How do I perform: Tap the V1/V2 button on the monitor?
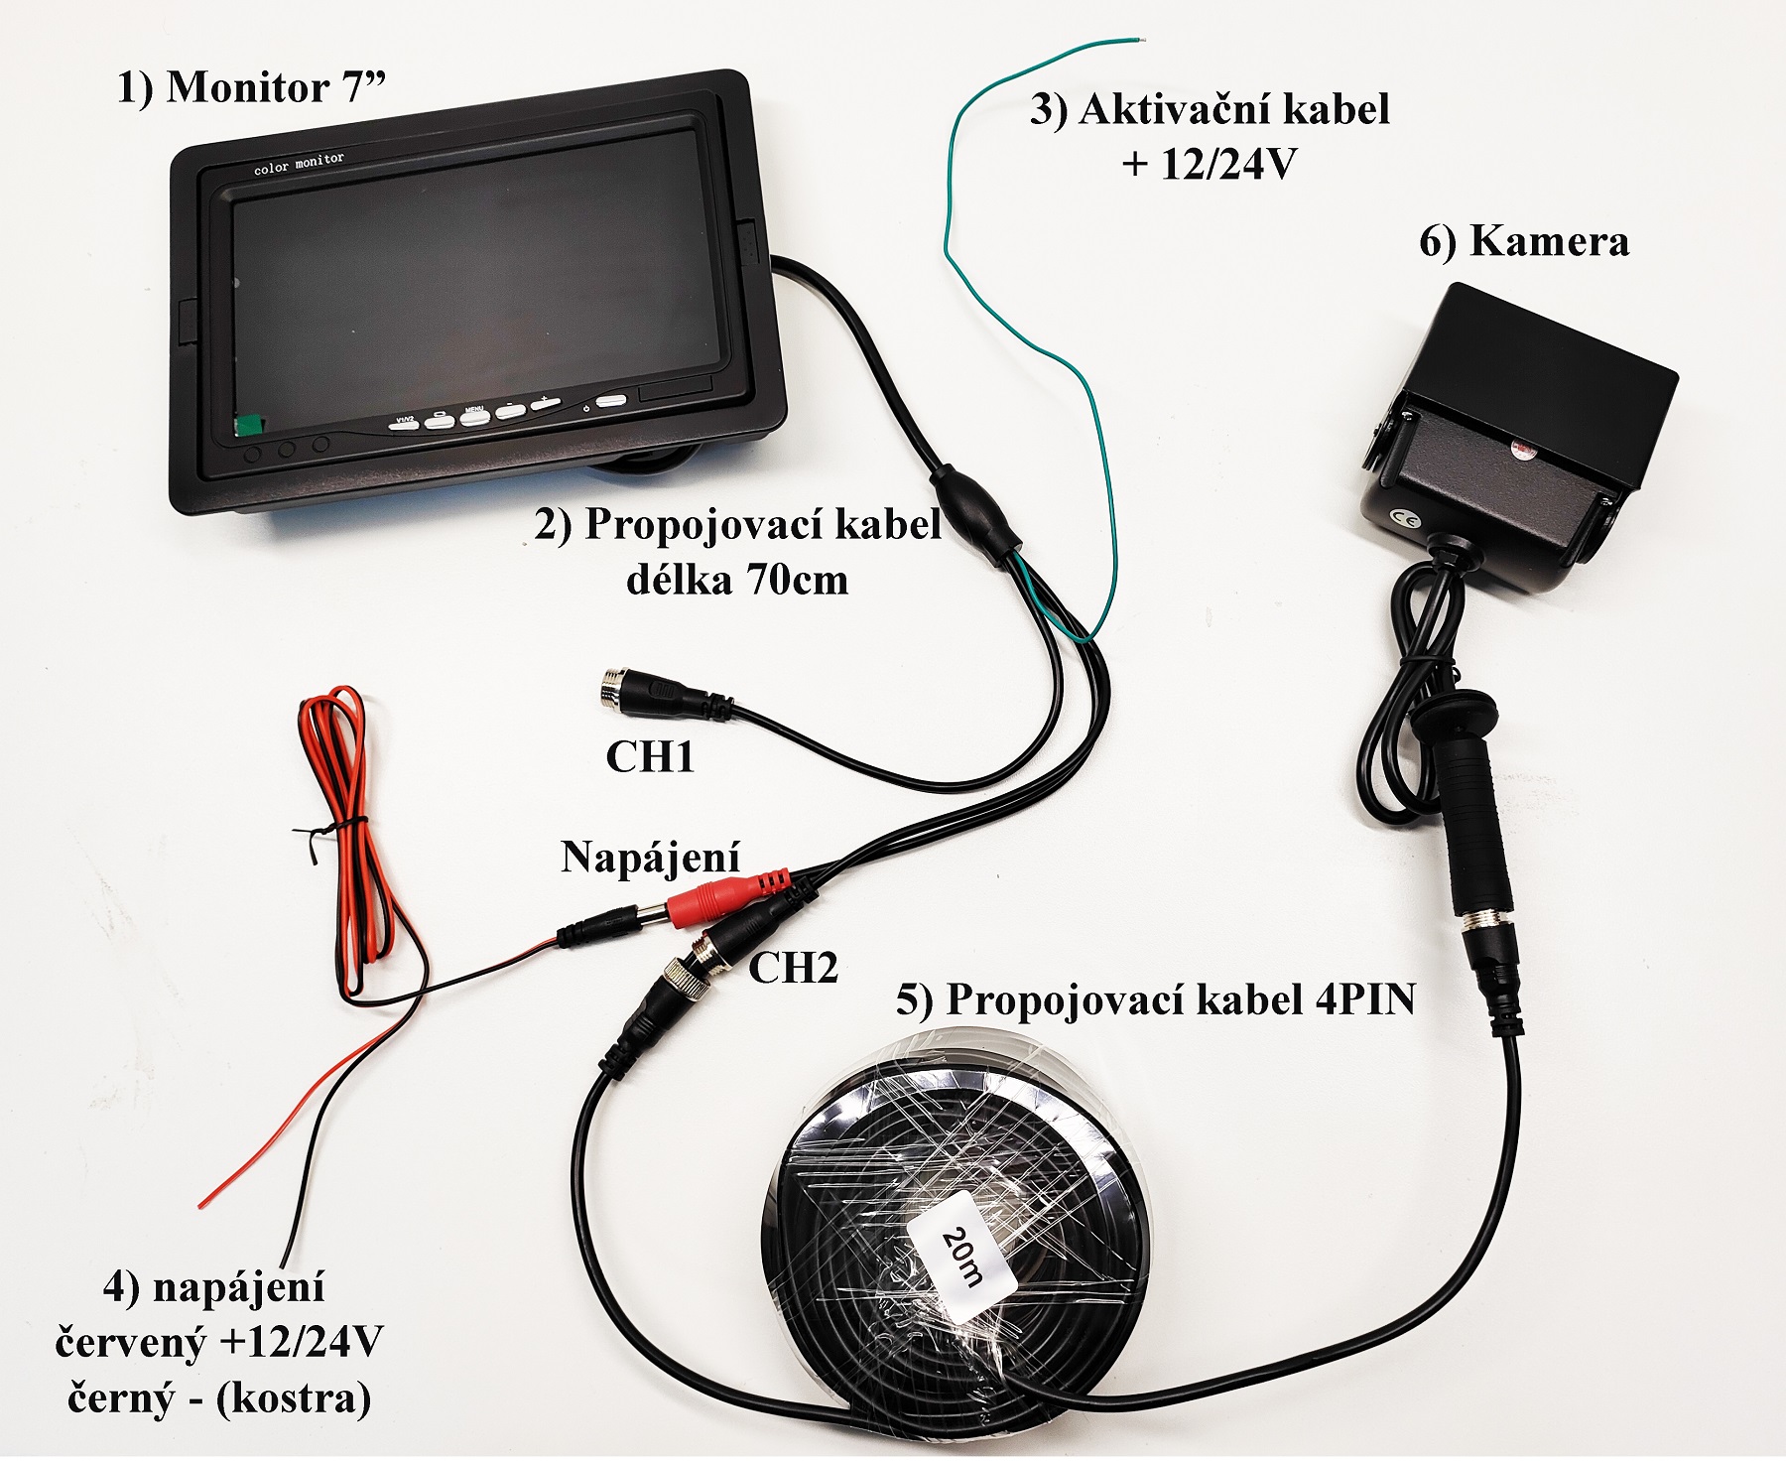405,421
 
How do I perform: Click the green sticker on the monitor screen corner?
247,425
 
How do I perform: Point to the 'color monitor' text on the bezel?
299,163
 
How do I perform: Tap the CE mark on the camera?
1401,516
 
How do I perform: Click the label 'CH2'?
792,967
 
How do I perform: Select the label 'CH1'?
650,757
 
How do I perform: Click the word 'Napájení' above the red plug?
650,857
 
